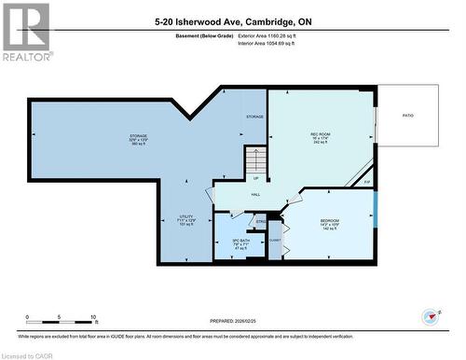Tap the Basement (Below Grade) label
pyautogui.click(x=204, y=35)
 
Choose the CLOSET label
pyautogui.click(x=275, y=240)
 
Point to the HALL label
pyautogui.click(x=255, y=194)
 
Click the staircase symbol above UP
pyautogui.click(x=255, y=160)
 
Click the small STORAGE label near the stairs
pyautogui.click(x=254, y=117)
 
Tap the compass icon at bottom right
pyautogui.click(x=431, y=315)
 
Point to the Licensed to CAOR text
pyautogui.click(x=26, y=354)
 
